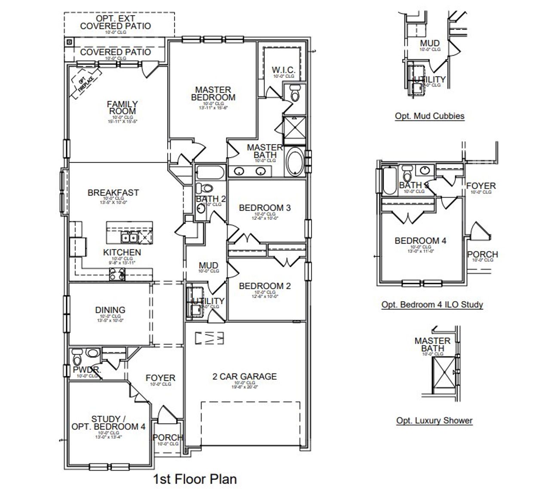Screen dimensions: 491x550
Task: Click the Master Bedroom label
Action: tap(213, 93)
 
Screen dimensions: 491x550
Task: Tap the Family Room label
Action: tap(122, 108)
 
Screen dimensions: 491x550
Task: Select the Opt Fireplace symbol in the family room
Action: tap(86, 83)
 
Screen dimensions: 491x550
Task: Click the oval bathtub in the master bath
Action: tap(294, 161)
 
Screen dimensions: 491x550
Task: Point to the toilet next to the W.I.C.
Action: tap(294, 93)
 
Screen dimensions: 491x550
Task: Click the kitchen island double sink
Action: tap(129, 237)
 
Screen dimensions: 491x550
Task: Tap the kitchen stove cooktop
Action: tap(117, 273)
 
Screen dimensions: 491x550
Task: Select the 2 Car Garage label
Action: tap(244, 377)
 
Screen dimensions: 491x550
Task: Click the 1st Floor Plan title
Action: tap(195, 479)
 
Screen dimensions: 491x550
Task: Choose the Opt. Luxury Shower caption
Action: tap(434, 420)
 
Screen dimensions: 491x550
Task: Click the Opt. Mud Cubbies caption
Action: tap(429, 116)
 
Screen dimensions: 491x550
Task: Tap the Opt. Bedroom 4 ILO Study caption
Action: tap(432, 305)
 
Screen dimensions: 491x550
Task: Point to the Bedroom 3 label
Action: tap(265, 208)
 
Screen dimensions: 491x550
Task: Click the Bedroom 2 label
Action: tap(265, 286)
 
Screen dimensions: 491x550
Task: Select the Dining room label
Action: tap(110, 310)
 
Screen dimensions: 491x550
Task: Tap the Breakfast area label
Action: tap(113, 193)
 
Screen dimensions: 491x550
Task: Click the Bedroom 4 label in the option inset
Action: tap(420, 241)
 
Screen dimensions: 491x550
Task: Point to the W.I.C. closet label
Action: tap(283, 70)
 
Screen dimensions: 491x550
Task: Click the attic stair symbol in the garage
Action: tap(210, 338)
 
